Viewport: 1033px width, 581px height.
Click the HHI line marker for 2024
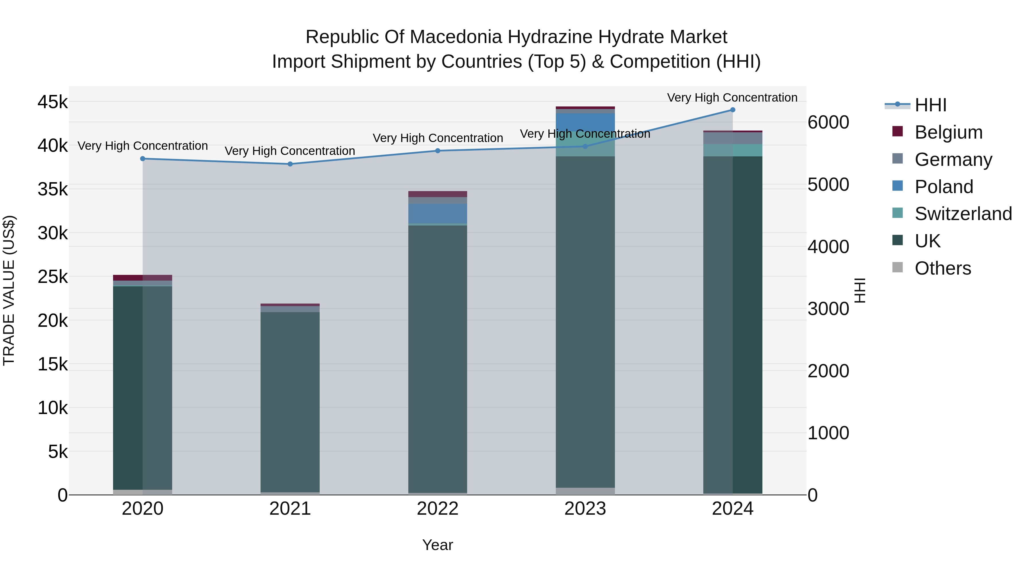click(733, 110)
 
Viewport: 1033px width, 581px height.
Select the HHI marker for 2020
click(143, 159)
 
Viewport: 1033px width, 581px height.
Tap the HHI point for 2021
click(290, 164)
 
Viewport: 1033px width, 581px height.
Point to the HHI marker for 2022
click(438, 151)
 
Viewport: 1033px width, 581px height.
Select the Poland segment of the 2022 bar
click(438, 213)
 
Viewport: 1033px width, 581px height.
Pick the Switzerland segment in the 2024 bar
click(733, 150)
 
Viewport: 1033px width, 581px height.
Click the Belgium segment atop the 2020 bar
click(143, 277)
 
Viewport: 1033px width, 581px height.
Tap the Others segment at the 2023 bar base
click(585, 491)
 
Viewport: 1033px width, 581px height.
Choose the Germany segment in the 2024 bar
click(733, 138)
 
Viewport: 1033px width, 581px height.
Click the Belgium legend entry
click(948, 132)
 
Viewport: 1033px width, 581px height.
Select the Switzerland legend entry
click(963, 214)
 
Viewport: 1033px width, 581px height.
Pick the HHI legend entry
click(930, 105)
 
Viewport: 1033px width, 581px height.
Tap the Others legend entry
click(942, 268)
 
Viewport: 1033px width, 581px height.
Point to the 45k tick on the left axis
click(53, 102)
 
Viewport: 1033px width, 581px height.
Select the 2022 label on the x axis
click(438, 509)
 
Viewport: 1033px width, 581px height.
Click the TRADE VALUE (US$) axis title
click(9, 290)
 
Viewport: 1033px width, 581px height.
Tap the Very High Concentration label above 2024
click(732, 98)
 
